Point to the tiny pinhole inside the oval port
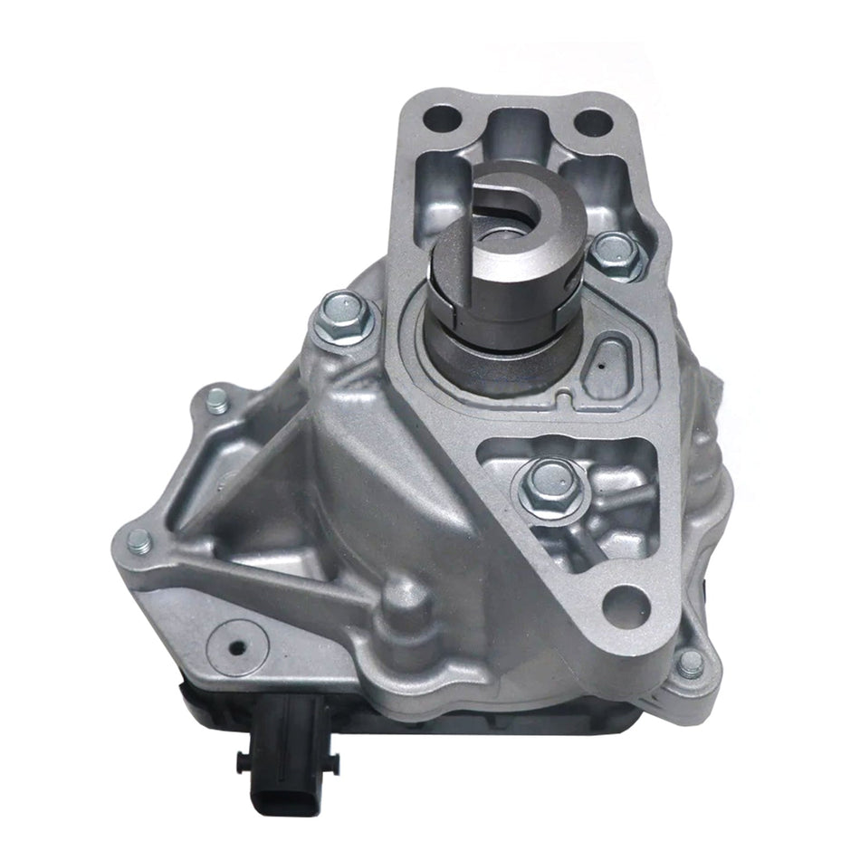point(600,366)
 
